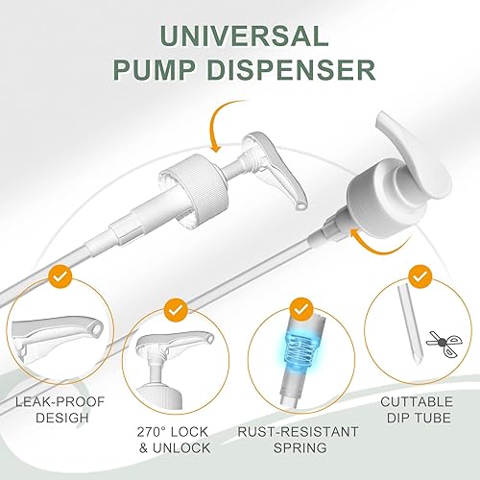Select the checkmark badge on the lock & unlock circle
coord(174,310)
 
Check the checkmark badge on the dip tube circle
coord(420,276)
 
